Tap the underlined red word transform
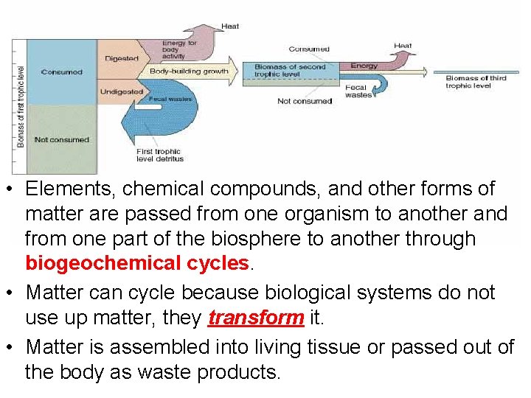(255, 318)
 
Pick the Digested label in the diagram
(122, 58)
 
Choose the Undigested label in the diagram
(122, 91)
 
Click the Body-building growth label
(189, 71)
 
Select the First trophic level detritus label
(159, 156)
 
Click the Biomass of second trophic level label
(290, 70)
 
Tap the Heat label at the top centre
(230, 27)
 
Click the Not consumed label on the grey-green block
(62, 139)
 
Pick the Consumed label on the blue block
(62, 72)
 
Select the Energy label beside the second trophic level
(364, 66)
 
